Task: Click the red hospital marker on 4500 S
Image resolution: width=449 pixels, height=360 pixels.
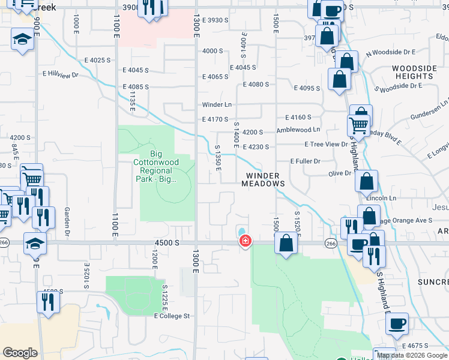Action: click(x=245, y=241)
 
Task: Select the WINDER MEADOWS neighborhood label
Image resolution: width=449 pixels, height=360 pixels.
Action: click(x=262, y=180)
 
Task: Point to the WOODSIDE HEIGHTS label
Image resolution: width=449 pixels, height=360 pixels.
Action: click(x=414, y=73)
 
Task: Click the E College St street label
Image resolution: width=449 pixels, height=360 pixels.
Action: click(x=172, y=316)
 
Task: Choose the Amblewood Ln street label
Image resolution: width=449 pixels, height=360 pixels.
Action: click(x=298, y=130)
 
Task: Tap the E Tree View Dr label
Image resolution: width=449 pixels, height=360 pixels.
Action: click(x=326, y=145)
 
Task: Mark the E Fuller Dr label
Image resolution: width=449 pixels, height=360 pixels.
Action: click(x=305, y=161)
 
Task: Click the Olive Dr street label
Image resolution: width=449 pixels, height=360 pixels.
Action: click(x=339, y=173)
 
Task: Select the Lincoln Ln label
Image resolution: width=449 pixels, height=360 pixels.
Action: click(x=385, y=199)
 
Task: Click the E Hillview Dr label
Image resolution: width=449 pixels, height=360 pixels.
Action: click(x=61, y=76)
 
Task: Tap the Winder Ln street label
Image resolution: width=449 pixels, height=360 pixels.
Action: click(x=217, y=104)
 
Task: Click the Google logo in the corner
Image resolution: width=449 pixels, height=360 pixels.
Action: click(x=20, y=353)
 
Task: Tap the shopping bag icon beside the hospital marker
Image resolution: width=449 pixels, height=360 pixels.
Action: click(x=286, y=243)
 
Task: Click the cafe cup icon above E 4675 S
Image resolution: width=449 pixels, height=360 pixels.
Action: click(x=397, y=324)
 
